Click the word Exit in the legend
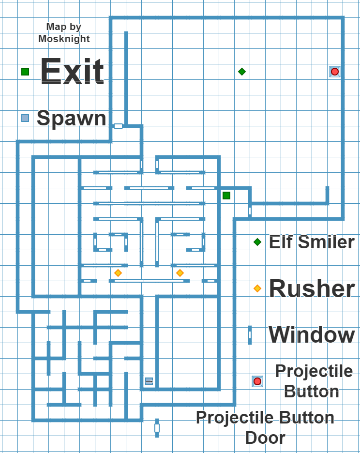coord(72,72)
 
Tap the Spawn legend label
coord(72,118)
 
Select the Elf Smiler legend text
coord(312,242)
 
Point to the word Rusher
coord(312,289)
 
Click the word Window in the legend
coord(312,335)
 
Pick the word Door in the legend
coord(265,438)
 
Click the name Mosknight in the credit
coord(64,39)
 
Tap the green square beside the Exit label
coord(25,72)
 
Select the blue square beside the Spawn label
coord(25,118)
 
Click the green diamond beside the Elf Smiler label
coord(257,242)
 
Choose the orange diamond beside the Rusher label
coord(257,288)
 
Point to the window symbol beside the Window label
coord(250,335)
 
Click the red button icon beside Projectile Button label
coord(257,381)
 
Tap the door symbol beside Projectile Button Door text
coord(157,428)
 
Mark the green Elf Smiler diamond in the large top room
coord(242,72)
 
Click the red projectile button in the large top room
coord(334,72)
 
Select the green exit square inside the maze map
coord(226,196)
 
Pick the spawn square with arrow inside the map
coord(149,382)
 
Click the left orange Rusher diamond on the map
coord(118,273)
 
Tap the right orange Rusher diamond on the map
coord(180,273)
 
